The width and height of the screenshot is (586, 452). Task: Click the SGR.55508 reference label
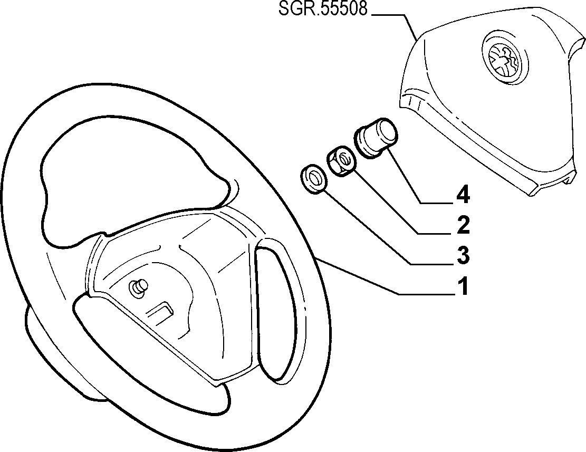pos(323,8)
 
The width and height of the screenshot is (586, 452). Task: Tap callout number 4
pos(463,195)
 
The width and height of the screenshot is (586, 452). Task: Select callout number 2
pos(463,225)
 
